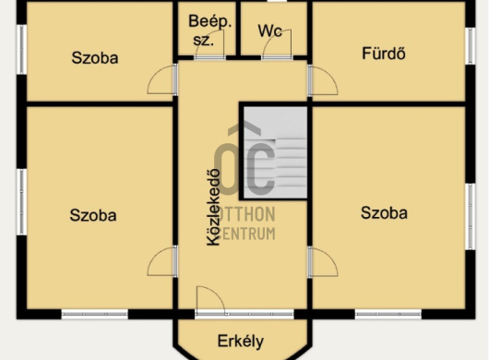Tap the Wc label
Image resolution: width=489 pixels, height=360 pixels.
[x=269, y=30]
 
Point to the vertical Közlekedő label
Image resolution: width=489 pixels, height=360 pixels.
[x=212, y=208]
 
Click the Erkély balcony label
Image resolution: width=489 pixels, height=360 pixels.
[x=242, y=338]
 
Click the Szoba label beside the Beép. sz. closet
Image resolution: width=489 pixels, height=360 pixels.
[x=95, y=56]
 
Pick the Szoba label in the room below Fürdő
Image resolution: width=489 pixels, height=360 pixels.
[x=384, y=213]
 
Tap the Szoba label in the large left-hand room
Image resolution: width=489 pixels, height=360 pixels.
[x=93, y=215]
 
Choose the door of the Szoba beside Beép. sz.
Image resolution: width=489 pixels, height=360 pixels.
[x=163, y=80]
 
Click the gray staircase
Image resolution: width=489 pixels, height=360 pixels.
[x=275, y=152]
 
